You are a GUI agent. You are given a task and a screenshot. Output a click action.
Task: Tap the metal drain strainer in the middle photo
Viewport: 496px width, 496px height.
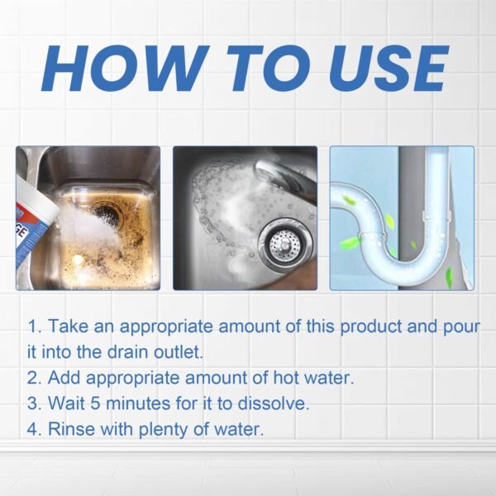coord(284,241)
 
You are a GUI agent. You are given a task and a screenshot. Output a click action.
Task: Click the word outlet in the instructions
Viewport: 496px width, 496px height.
coord(177,352)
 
